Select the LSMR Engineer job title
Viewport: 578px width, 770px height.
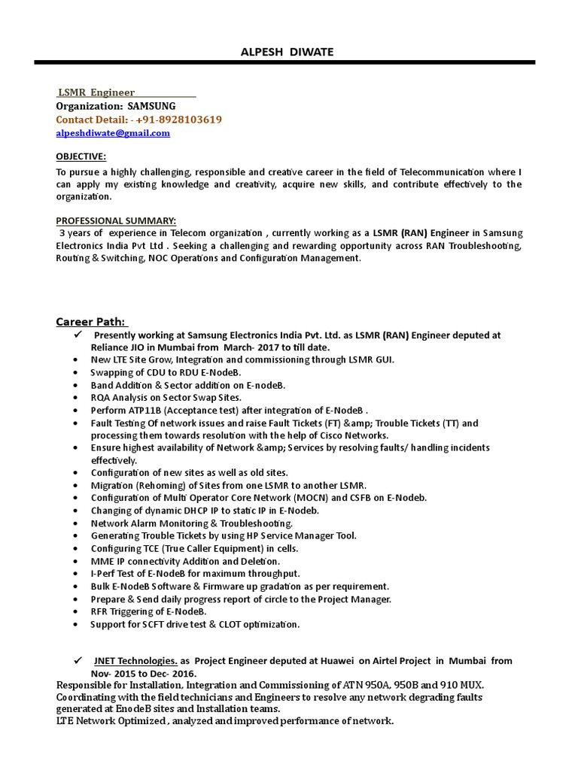pos(96,92)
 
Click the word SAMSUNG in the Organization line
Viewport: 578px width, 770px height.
pos(151,106)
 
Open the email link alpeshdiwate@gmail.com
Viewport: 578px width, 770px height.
pos(113,133)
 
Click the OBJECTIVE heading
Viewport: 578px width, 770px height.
pos(81,156)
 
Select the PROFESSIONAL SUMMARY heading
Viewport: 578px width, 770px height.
pos(117,220)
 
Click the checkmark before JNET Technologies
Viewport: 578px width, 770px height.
pos(78,660)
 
